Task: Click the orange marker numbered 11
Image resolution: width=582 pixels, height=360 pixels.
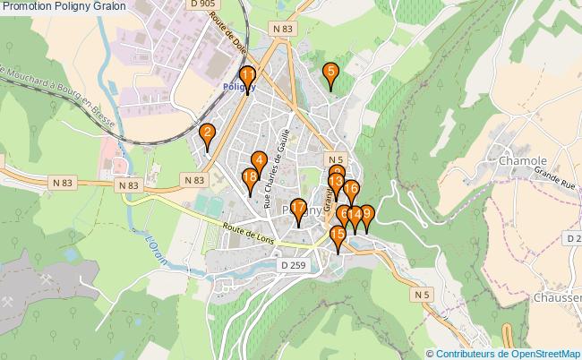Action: tap(248, 76)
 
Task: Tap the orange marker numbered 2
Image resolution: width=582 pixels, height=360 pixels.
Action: tap(208, 135)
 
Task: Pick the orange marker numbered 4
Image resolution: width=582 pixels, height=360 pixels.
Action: tap(260, 160)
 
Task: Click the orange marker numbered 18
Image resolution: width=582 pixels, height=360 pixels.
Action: tap(250, 178)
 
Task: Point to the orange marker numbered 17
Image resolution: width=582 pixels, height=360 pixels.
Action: tap(298, 210)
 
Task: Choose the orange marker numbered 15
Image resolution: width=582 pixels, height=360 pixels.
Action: tap(338, 236)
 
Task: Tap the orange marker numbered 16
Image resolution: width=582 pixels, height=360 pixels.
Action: tap(352, 190)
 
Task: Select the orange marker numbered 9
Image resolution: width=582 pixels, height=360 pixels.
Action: tap(364, 215)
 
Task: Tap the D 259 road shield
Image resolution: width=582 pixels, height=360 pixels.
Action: tap(290, 265)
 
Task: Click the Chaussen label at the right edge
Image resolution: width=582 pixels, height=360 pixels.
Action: tap(557, 297)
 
